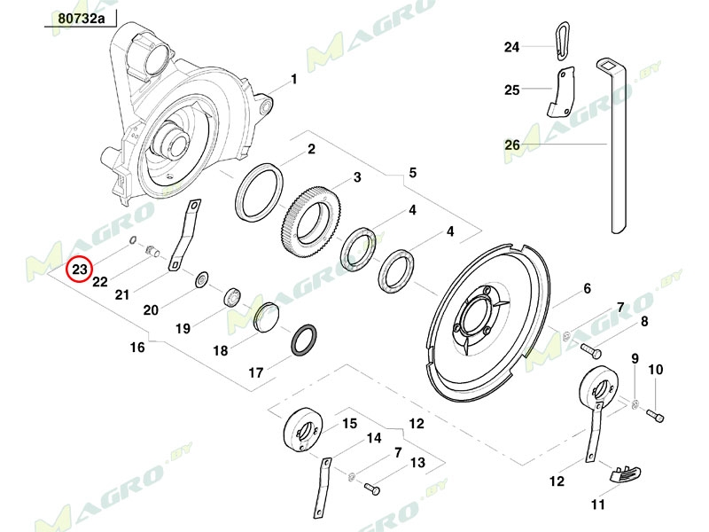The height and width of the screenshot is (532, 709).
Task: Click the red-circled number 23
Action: point(81,268)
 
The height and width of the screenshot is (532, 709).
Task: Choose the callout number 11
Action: point(598,505)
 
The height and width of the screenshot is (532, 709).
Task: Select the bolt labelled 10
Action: point(655,413)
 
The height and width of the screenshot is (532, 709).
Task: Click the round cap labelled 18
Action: point(266,317)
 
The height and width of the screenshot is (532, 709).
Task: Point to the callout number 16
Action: point(137,348)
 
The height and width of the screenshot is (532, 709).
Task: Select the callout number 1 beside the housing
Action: point(293,79)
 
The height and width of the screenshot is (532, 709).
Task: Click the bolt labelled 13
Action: point(372,488)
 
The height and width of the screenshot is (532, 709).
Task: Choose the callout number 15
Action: point(349,424)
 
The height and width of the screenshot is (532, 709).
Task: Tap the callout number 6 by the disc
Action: point(586,288)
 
